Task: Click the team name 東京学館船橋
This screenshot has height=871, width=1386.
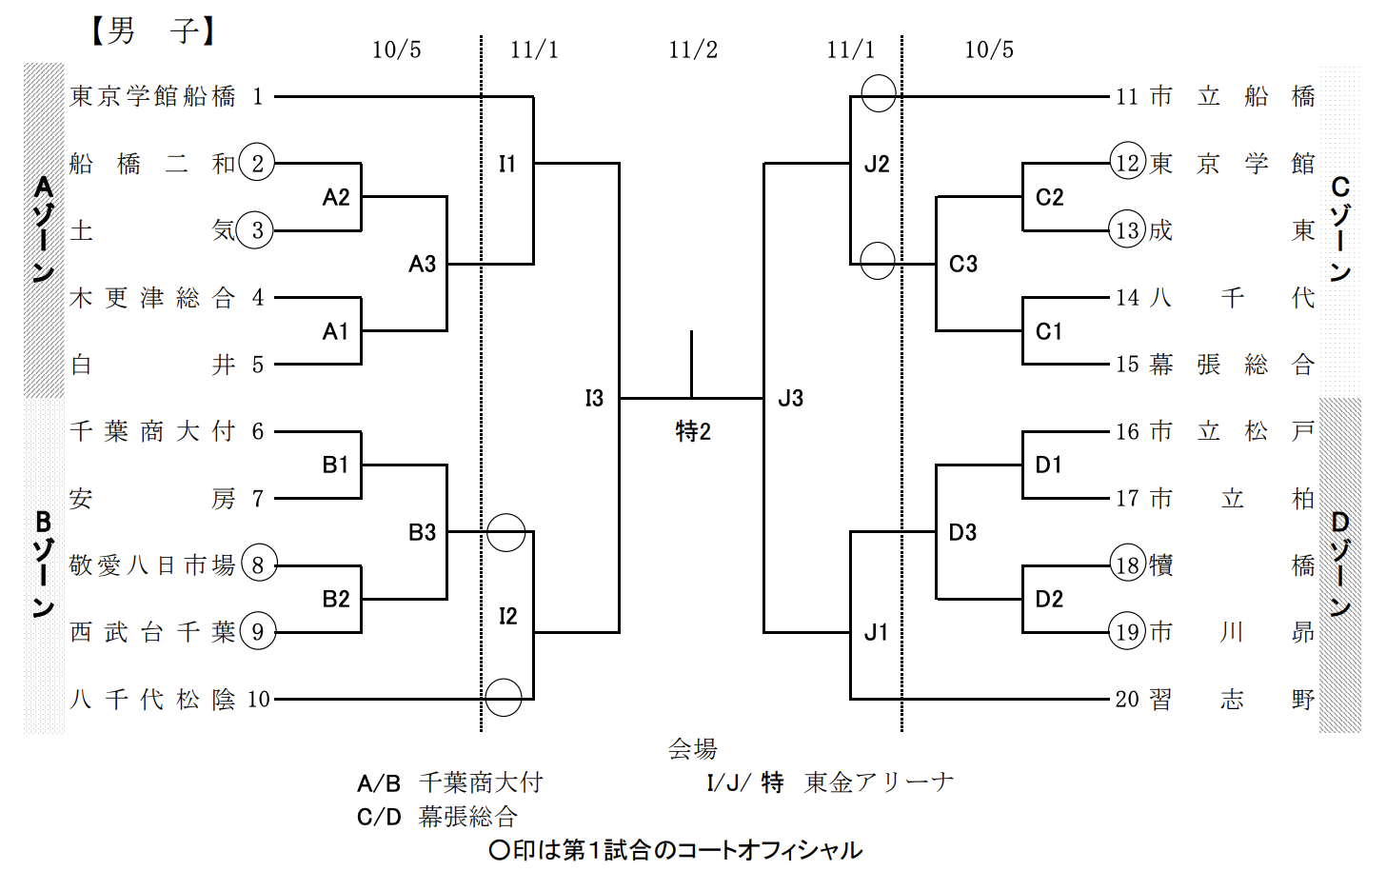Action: (x=152, y=96)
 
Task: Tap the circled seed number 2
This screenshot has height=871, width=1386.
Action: (x=257, y=163)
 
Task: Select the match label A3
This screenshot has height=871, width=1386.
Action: (x=422, y=264)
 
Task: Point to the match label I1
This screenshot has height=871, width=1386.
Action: (x=507, y=164)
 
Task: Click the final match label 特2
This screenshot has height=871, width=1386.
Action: (x=693, y=431)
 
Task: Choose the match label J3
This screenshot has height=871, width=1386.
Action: (x=790, y=398)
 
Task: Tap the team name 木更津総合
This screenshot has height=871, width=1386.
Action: (x=152, y=298)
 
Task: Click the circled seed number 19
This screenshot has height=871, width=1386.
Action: (x=1127, y=632)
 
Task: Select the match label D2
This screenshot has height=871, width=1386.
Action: (x=1049, y=599)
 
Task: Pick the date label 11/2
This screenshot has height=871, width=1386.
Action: (x=693, y=49)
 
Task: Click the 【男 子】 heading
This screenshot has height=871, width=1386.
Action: (x=152, y=30)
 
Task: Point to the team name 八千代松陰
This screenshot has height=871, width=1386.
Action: (x=152, y=700)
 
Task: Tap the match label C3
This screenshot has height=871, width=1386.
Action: (x=963, y=264)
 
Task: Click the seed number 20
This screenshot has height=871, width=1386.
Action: (x=1127, y=700)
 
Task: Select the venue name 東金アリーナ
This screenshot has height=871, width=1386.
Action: (x=879, y=782)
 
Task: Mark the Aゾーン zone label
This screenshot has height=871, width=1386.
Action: (x=43, y=228)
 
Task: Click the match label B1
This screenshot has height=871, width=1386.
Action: (x=335, y=465)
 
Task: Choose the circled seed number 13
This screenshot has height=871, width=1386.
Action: (x=1127, y=230)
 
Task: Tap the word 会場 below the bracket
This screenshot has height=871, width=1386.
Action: (x=692, y=749)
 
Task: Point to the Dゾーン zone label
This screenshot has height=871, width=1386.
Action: (x=1340, y=564)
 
